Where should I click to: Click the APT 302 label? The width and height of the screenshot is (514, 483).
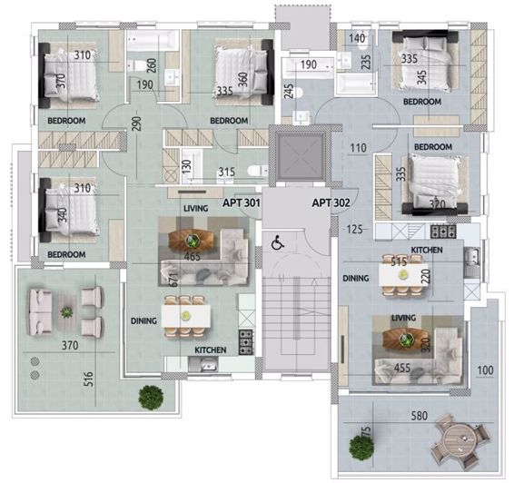(x=331, y=203)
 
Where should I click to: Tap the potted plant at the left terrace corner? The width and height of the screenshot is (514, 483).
(x=151, y=397)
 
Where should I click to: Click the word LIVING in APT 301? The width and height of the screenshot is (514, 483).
(x=196, y=208)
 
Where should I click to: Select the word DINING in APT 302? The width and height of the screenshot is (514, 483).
(x=355, y=279)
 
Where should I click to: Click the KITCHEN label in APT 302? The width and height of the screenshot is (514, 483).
(x=426, y=249)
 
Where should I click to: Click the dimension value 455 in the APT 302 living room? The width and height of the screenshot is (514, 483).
(x=402, y=369)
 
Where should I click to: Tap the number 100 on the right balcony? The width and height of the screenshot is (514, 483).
(x=487, y=370)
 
